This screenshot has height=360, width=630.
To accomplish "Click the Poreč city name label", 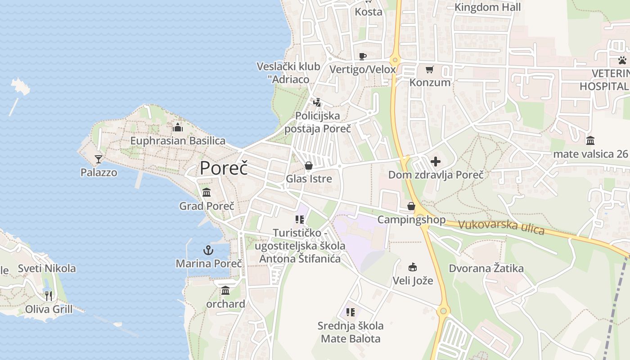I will coord(224,168).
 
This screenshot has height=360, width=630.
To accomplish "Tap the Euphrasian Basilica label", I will coord(178,141).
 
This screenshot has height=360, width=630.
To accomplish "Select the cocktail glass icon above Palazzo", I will coord(99,159).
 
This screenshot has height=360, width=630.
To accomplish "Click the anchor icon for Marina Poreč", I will coord(208,250).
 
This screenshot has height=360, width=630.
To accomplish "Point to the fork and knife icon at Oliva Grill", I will coord(49,296).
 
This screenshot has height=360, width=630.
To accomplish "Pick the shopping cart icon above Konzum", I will coord(430,69).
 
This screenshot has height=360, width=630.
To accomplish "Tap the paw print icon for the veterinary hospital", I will coord(622,60).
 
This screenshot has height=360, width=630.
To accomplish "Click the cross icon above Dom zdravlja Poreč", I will coord(436,161).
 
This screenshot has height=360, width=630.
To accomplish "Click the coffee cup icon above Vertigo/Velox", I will coord(363,56).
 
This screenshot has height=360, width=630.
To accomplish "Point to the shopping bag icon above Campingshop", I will coord(411,206).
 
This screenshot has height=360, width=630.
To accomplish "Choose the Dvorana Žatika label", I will coord(486,269).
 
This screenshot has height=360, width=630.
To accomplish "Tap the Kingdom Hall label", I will coord(487,7).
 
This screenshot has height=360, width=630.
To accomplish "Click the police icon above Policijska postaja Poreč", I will coord(317,102).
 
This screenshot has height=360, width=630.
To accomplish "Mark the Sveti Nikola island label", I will coord(47,269).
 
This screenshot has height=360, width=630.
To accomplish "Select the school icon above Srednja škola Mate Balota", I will coord(351,312).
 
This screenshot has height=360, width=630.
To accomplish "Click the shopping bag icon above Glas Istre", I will coord(309,166).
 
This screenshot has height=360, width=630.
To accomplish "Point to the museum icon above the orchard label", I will coord(225,291).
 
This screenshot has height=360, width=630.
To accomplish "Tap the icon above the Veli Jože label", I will coord(413,267).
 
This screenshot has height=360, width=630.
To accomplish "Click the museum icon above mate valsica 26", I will coord(590,140).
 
